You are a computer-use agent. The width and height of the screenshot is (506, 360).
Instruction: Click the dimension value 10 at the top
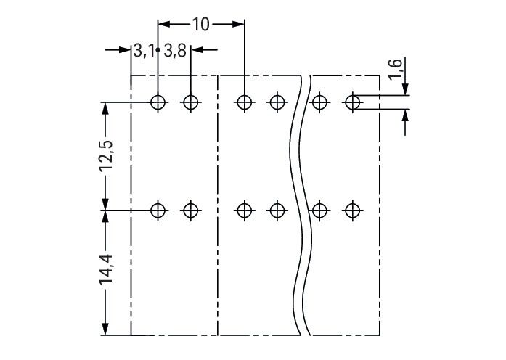(x=200, y=25)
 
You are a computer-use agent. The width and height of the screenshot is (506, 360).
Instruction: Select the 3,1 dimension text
(x=144, y=51)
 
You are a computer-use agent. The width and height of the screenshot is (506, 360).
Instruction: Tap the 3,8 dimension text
(x=175, y=51)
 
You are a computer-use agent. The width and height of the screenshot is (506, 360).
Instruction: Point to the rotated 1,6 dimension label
(x=396, y=69)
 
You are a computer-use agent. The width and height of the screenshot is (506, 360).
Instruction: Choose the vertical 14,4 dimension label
(x=106, y=269)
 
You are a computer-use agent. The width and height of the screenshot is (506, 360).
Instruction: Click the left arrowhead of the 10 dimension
(x=163, y=24)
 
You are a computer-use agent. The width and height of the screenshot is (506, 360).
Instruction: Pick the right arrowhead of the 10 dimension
(x=238, y=24)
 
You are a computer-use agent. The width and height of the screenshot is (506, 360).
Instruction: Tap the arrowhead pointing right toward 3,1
(x=125, y=50)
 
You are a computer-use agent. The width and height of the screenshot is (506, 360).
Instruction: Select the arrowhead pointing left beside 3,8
(x=197, y=50)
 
